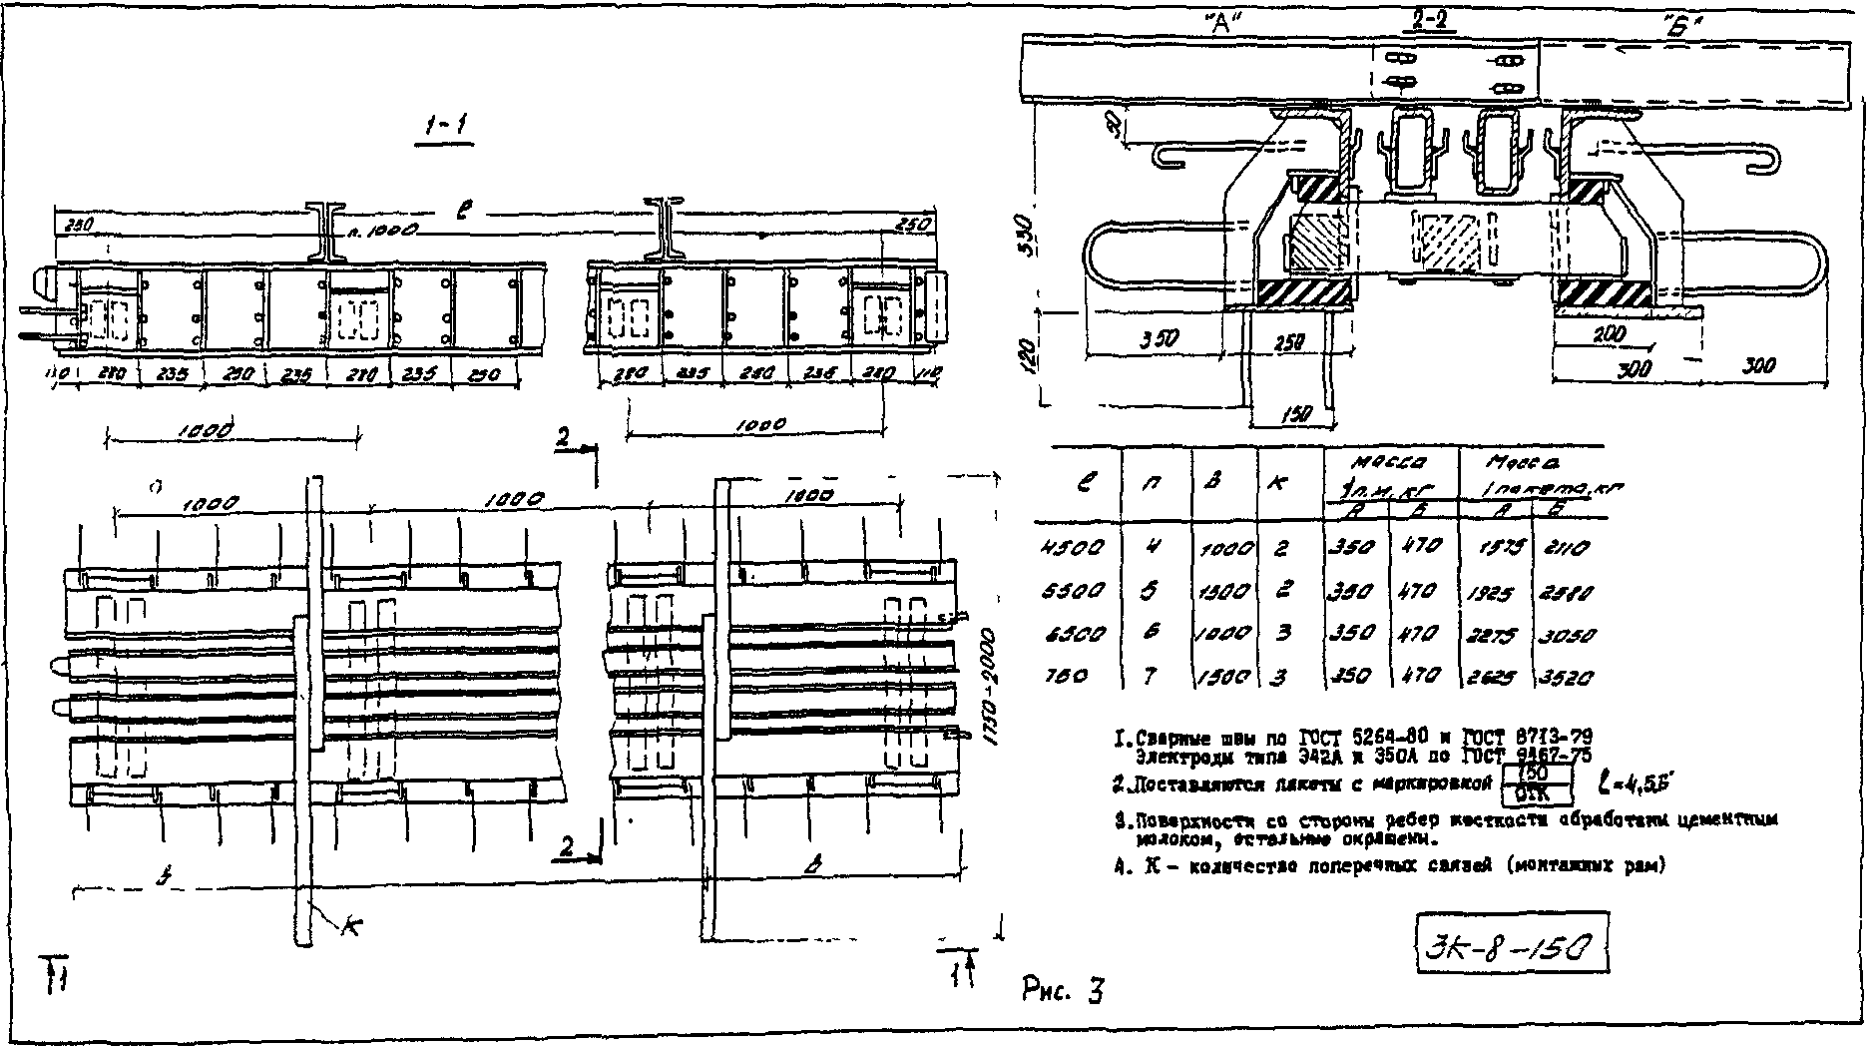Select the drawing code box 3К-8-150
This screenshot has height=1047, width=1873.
tap(1511, 943)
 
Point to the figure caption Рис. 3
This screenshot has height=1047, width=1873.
tap(1063, 990)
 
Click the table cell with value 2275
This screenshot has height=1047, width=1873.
tap(1491, 635)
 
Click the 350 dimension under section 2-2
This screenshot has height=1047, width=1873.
tap(1158, 338)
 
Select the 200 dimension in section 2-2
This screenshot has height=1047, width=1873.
tap(1608, 334)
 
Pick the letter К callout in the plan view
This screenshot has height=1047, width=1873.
tap(349, 926)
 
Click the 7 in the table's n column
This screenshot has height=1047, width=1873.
tap(1150, 677)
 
